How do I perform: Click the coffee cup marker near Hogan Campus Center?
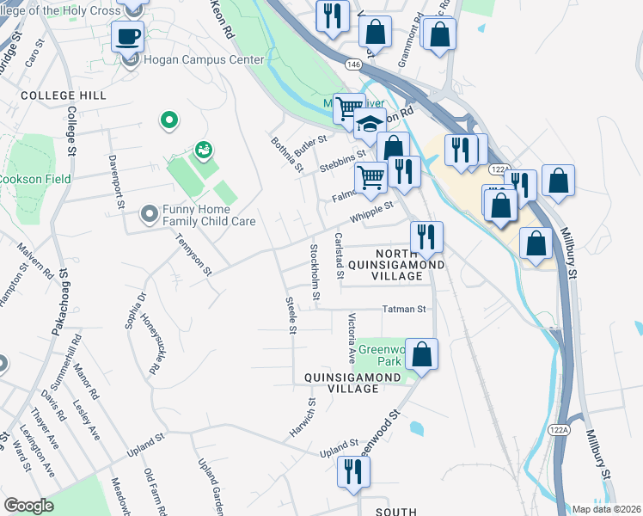click(127, 36)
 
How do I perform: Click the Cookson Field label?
click(34, 179)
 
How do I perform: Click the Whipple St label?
click(371, 211)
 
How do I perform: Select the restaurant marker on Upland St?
click(353, 472)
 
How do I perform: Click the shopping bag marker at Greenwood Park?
click(422, 353)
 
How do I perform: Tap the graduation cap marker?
click(370, 126)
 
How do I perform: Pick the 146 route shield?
click(353, 64)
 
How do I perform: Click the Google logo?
click(28, 506)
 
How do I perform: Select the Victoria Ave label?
click(351, 337)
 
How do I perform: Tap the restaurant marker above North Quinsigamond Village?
click(426, 236)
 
